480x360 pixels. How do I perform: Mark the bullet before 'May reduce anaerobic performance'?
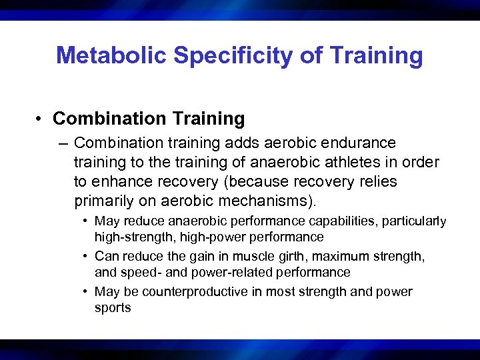[87, 221]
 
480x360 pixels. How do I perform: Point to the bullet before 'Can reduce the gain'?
[87, 257]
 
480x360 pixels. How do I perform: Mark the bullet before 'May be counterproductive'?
[87, 292]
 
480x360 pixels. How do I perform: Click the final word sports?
[113, 307]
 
